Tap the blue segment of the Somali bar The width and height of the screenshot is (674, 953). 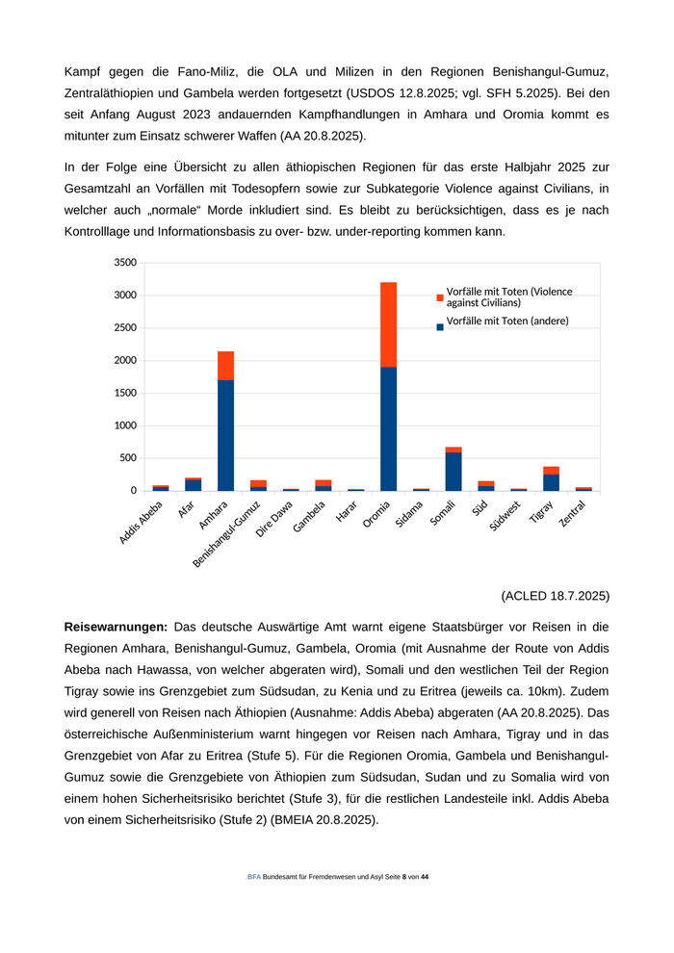tap(454, 472)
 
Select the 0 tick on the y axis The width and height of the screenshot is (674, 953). tap(132, 491)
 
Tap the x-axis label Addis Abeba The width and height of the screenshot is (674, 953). tap(142, 523)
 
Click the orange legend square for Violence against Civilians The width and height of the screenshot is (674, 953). tap(440, 296)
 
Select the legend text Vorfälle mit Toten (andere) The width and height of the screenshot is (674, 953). tap(507, 322)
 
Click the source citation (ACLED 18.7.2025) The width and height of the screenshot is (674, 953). tap(556, 595)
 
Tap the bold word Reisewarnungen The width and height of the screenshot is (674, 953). tap(116, 627)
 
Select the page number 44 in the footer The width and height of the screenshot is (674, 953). tap(425, 877)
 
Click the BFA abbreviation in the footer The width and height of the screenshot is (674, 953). tap(253, 877)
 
